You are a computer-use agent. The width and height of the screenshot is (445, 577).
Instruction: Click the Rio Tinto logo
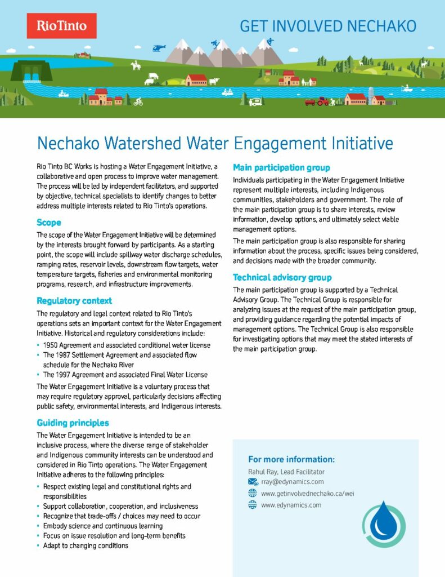[x=61, y=25]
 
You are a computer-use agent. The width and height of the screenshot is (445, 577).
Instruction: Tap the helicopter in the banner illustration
[x=159, y=47]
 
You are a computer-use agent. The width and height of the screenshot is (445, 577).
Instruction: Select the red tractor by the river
[x=321, y=101]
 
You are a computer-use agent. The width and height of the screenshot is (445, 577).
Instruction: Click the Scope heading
[x=49, y=222]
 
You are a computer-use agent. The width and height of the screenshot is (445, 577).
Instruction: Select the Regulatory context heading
[x=74, y=300]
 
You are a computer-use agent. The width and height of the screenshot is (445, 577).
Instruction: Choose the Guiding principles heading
[x=73, y=423]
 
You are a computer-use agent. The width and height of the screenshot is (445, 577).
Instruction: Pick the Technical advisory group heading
[x=282, y=277]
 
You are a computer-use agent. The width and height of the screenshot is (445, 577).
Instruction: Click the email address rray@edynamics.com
[x=292, y=482]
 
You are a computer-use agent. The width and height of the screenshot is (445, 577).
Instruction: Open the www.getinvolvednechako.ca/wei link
[x=307, y=494]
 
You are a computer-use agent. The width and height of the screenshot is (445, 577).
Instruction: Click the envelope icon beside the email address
[x=253, y=482]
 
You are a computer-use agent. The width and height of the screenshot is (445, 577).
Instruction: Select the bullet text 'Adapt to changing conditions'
[x=86, y=545]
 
